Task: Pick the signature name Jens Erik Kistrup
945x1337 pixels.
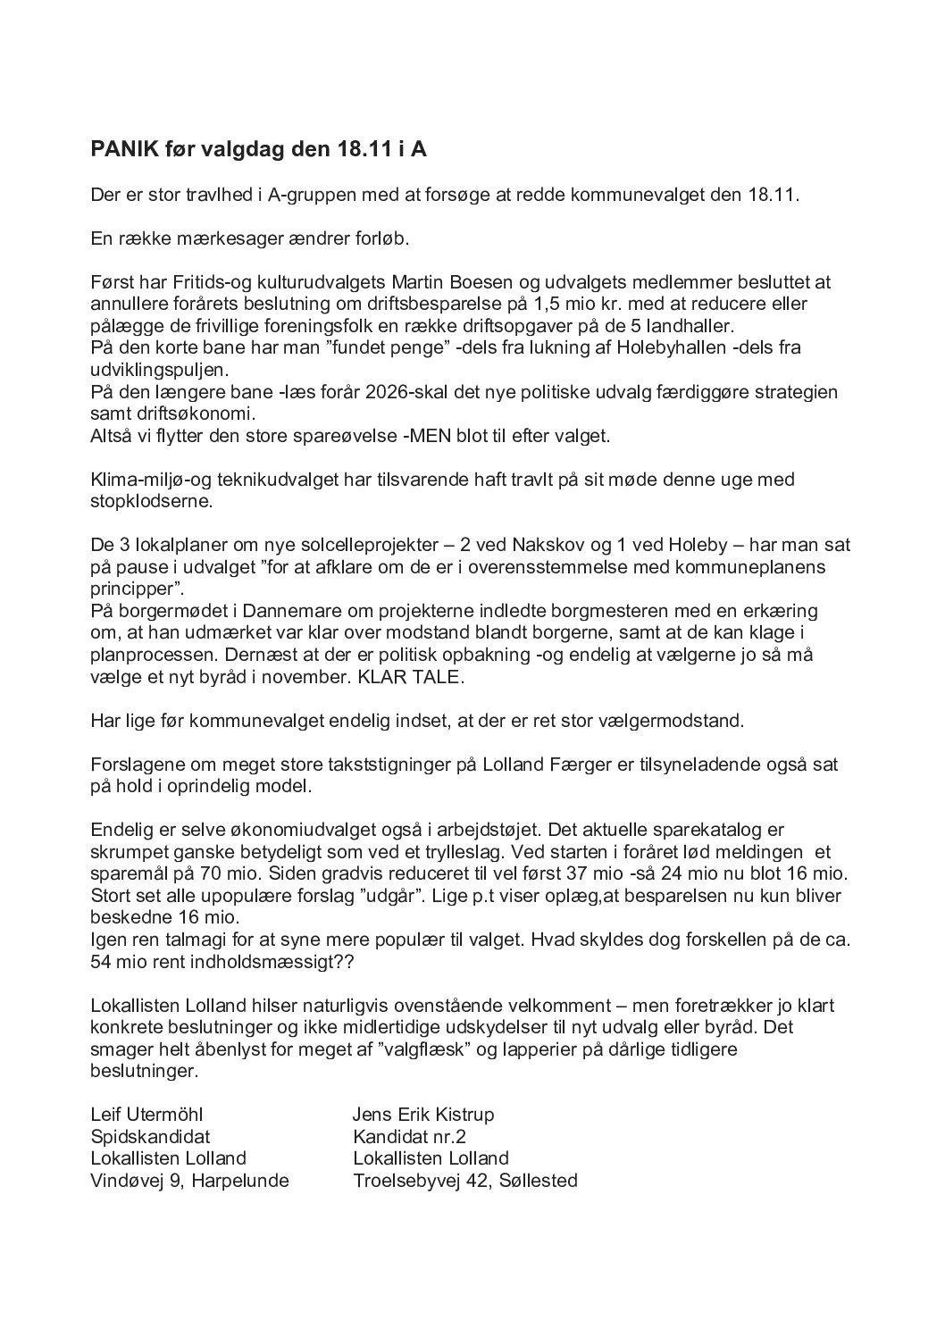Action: pyautogui.click(x=423, y=1115)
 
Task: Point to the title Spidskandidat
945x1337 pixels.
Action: pyautogui.click(x=150, y=1136)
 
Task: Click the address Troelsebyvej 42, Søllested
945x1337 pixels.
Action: pyautogui.click(x=465, y=1180)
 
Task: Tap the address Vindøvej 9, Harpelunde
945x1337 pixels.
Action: pyautogui.click(x=189, y=1180)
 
